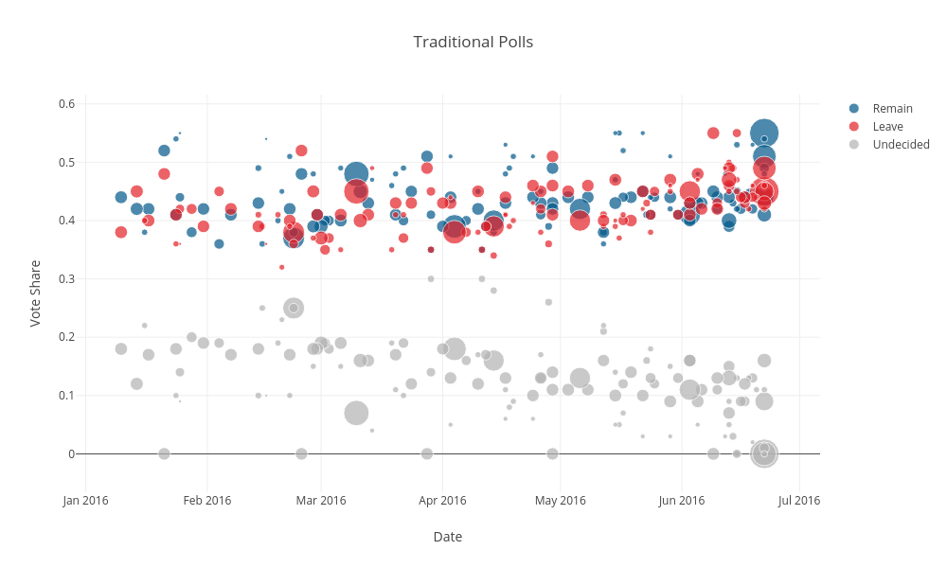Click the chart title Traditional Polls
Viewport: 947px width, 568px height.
[473, 42]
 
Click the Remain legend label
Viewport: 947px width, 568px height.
[892, 108]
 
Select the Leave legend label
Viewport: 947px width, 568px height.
[887, 126]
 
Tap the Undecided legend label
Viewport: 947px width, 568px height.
[901, 144]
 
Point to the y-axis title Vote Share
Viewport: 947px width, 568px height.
[35, 293]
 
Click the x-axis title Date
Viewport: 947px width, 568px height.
[447, 537]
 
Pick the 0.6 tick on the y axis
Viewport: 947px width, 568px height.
[66, 103]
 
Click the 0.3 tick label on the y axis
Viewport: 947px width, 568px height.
[66, 278]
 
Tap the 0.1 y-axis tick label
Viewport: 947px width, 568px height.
[66, 396]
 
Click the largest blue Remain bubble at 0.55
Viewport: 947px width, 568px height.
[764, 133]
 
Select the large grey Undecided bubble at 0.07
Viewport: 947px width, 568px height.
[356, 413]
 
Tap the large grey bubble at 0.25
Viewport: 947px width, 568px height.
[294, 308]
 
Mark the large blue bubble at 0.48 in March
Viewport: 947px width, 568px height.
[356, 173]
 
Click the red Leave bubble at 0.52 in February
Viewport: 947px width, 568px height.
[301, 151]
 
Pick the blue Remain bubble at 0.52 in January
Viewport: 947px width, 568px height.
[164, 151]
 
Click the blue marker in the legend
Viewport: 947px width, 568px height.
[854, 108]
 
